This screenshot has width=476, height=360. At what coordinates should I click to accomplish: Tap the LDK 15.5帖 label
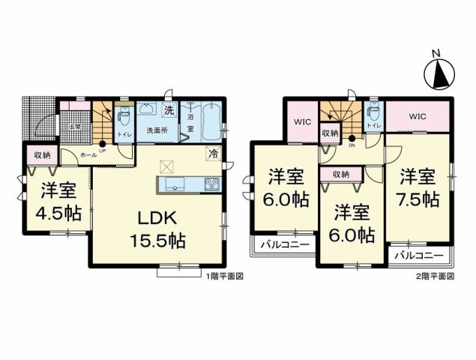155,229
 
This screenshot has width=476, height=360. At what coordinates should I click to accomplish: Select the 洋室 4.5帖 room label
57,200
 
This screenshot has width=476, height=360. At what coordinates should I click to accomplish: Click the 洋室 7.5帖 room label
418,188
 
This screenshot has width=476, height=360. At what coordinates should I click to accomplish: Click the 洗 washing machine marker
169,110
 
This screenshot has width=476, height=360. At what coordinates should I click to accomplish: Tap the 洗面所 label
156,130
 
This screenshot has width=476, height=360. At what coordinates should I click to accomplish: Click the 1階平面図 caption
225,276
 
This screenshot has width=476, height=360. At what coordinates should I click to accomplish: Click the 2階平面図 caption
438,276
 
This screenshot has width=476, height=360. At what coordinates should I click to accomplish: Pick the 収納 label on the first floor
41,155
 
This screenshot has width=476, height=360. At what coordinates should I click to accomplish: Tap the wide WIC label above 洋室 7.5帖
417,117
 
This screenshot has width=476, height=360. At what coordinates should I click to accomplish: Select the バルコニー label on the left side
279,244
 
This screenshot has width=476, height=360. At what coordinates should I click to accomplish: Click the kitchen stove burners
211,184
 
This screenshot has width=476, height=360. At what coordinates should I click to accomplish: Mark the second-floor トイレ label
373,125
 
